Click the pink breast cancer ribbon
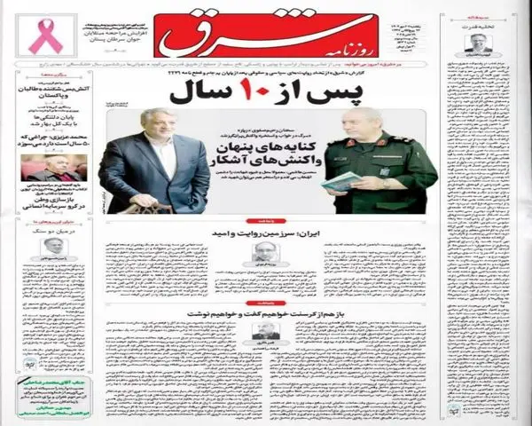coord(42,37)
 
